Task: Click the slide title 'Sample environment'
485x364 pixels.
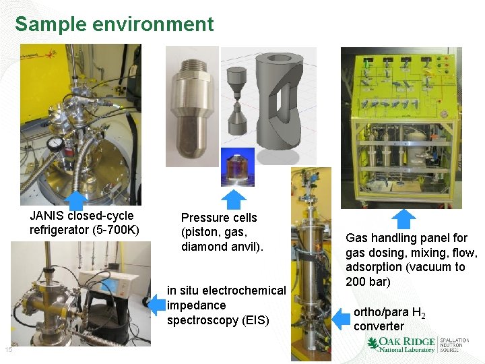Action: [x=114, y=24]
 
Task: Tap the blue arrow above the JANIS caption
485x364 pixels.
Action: [x=76, y=200]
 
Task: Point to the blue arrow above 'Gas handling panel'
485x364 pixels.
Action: [x=404, y=219]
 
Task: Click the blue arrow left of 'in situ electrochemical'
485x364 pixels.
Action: [x=156, y=305]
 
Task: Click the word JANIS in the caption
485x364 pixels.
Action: [x=46, y=216]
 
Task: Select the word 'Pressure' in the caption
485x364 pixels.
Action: [x=202, y=218]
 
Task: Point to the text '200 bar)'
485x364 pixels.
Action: [x=368, y=281]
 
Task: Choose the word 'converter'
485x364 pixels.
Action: [x=379, y=327]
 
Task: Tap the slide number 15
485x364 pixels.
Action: [x=9, y=350]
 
